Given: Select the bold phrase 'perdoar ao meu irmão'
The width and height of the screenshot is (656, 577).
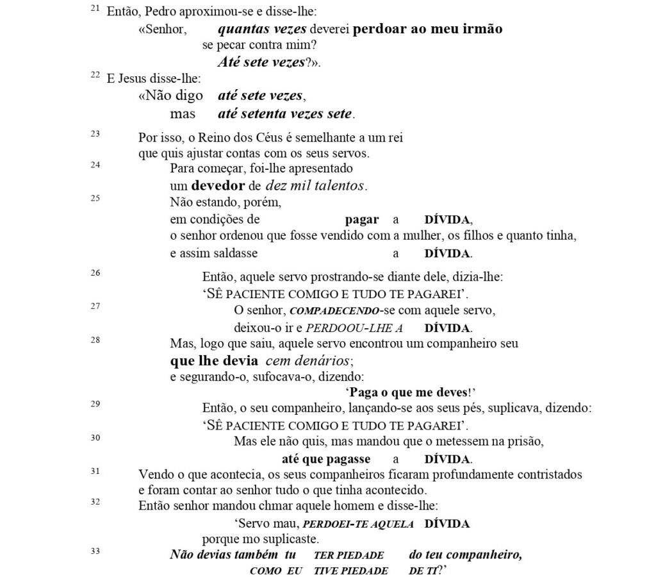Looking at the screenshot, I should click(x=428, y=29).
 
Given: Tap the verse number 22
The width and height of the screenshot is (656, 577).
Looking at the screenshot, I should click(x=95, y=76).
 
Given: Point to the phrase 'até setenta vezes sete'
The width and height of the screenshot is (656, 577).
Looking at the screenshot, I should click(x=285, y=114).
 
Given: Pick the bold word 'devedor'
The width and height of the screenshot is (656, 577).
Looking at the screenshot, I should click(x=218, y=187).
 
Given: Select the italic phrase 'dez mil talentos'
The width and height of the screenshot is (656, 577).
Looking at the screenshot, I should click(x=310, y=187).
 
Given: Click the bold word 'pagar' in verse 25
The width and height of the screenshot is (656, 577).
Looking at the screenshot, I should click(x=362, y=219).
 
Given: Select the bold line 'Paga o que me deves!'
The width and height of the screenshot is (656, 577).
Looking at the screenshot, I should click(x=413, y=392).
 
